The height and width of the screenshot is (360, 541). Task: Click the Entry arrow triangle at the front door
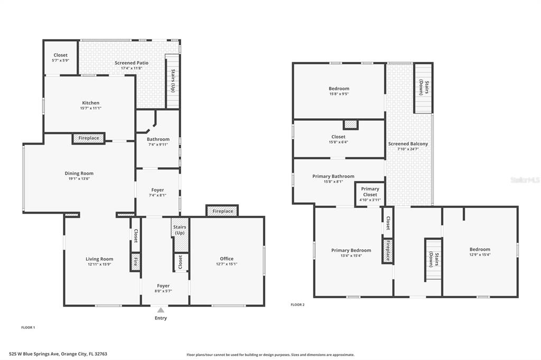pyautogui.click(x=161, y=310)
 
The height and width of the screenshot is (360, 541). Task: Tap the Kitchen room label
pyautogui.click(x=91, y=103)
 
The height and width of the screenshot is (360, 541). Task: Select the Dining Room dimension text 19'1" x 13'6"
pyautogui.click(x=79, y=178)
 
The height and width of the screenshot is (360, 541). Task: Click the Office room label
pyautogui.click(x=227, y=259)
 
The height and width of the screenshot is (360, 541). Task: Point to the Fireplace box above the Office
pyautogui.click(x=222, y=211)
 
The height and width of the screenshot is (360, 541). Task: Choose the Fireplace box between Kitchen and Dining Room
pyautogui.click(x=89, y=138)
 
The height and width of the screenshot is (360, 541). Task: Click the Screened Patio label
pyautogui.click(x=132, y=63)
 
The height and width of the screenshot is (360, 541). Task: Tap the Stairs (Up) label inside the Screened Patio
pyautogui.click(x=173, y=81)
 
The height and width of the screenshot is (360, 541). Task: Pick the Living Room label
pyautogui.click(x=99, y=259)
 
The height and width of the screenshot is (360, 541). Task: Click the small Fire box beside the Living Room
pyautogui.click(x=136, y=262)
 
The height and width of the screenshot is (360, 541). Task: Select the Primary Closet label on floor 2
pyautogui.click(x=370, y=192)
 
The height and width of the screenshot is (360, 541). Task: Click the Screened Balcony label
pyautogui.click(x=408, y=144)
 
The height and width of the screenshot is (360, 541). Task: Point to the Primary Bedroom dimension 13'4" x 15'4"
pyautogui.click(x=351, y=256)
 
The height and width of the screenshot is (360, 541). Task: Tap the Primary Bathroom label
pyautogui.click(x=333, y=176)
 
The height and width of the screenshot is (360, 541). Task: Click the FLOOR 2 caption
pyautogui.click(x=297, y=305)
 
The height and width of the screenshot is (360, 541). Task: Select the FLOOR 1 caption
pyautogui.click(x=28, y=328)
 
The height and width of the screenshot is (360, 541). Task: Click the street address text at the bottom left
pyautogui.click(x=58, y=354)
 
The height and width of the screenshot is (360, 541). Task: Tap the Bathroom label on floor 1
pyautogui.click(x=158, y=139)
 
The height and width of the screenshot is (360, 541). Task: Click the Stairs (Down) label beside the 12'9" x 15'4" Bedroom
pyautogui.click(x=433, y=260)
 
